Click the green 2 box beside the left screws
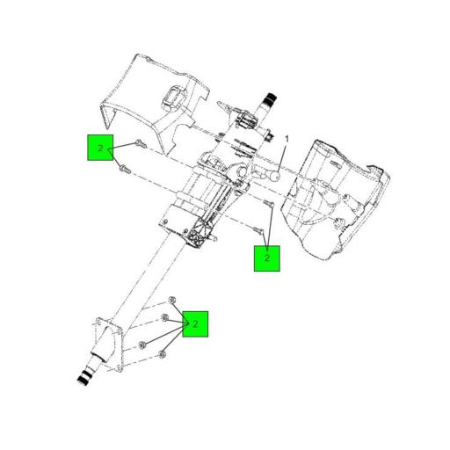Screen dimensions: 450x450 click(x=100, y=148)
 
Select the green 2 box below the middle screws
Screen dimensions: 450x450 click(x=266, y=258)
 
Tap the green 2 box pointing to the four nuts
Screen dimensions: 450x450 click(x=195, y=324)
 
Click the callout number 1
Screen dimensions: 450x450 click(x=286, y=139)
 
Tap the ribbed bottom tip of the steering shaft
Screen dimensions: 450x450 click(x=84, y=377)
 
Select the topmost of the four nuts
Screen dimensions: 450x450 click(x=172, y=301)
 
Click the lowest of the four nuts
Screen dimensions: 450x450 click(x=163, y=355)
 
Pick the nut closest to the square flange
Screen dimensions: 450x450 click(x=142, y=345)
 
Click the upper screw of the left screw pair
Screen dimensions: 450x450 click(x=139, y=143)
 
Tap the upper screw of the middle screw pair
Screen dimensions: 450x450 click(x=270, y=204)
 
